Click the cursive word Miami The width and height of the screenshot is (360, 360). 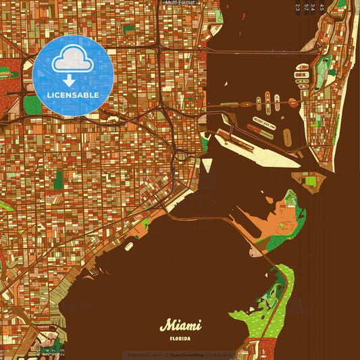180,325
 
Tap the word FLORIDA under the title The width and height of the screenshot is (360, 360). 180,338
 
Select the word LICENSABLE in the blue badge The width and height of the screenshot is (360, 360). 73,95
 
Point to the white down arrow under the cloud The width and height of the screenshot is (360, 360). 69,80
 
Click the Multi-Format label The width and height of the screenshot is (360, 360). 180,3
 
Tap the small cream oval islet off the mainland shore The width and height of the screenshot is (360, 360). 128,246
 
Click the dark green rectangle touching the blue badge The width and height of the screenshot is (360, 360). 31,104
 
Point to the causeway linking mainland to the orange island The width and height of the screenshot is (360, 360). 209,217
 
